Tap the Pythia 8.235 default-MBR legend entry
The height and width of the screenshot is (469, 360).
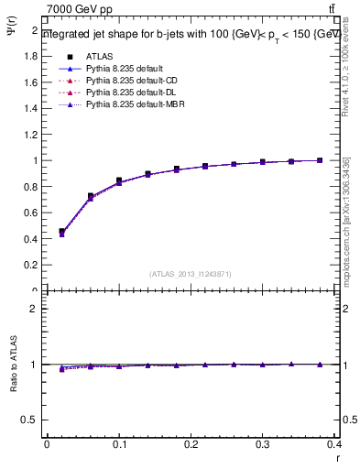pos(132,106)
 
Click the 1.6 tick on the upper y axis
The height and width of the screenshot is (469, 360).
pos(32,82)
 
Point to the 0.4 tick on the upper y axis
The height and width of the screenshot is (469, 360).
pos(32,239)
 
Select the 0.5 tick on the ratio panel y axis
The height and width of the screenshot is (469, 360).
pos(30,420)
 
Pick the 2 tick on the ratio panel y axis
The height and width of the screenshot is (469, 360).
pos(35,309)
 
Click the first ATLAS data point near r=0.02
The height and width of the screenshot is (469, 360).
pos(61,232)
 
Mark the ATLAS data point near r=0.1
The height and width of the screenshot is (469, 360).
pos(119,180)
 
